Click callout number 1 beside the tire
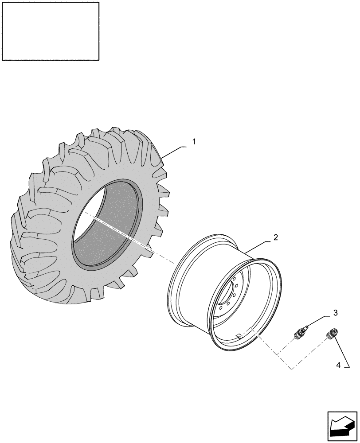click(194, 142)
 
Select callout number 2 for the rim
click(275, 237)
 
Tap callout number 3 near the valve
click(335, 313)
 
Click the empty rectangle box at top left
click(51, 31)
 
